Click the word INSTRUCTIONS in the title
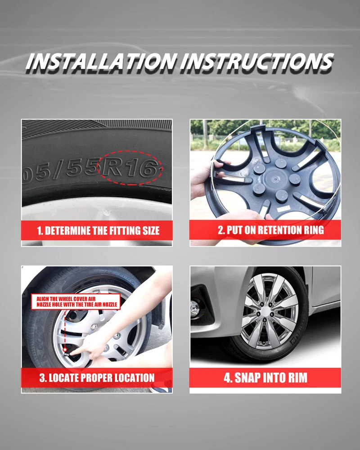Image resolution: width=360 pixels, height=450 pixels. (x=257, y=62)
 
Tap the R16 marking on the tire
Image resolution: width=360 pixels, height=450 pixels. (x=130, y=168)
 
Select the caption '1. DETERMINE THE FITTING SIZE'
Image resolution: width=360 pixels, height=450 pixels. (x=98, y=231)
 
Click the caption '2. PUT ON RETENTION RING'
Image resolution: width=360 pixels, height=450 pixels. (x=271, y=230)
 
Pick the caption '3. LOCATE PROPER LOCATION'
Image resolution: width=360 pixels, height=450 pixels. (x=97, y=378)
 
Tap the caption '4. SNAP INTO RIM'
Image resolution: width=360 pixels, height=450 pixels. (x=265, y=378)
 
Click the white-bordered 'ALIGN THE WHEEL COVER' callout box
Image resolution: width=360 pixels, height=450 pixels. (x=76, y=302)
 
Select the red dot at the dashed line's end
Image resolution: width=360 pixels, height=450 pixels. (x=65, y=350)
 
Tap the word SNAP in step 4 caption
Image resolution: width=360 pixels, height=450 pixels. (x=247, y=378)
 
